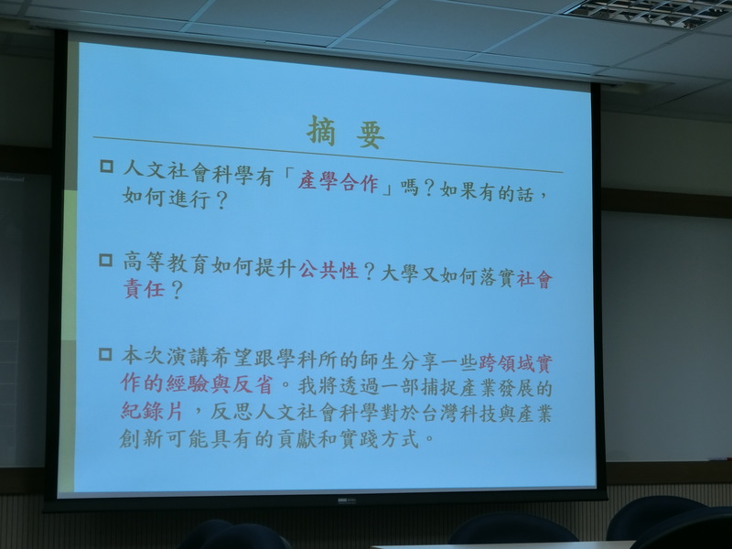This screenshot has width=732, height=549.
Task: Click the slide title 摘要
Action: [346, 132]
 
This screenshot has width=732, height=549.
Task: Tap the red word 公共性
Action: [328, 270]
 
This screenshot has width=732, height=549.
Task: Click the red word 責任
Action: [145, 288]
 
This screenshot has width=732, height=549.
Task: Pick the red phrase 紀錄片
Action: [152, 411]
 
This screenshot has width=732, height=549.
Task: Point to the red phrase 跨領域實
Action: [515, 363]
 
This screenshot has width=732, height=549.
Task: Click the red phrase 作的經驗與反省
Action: [197, 383]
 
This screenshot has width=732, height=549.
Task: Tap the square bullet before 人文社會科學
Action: [107, 167]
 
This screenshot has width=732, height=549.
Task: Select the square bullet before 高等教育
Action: [106, 260]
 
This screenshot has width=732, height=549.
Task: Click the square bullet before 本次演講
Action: [105, 354]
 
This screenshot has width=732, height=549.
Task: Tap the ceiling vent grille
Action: [649, 13]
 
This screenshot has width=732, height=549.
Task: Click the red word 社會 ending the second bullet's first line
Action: [534, 279]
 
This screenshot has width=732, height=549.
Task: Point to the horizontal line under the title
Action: [328, 155]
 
